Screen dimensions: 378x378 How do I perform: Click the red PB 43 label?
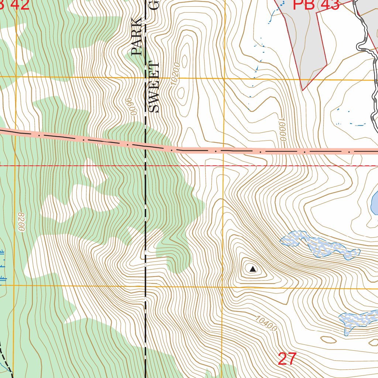(316, 5)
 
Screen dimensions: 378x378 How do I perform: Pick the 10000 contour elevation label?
(282, 129)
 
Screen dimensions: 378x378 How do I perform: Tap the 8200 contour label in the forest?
(20, 222)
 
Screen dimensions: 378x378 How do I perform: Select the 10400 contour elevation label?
(266, 323)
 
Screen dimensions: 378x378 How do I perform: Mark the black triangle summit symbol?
(252, 269)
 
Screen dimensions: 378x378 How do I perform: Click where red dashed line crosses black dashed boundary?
(145, 166)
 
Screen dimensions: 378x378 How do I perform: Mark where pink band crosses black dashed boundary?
(145, 146)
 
